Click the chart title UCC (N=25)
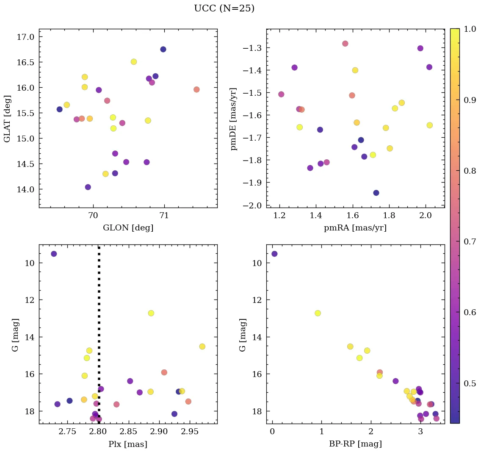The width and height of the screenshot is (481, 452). (x=224, y=8)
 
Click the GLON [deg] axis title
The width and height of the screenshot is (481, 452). (x=128, y=228)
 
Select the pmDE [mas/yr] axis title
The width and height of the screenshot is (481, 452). (x=233, y=119)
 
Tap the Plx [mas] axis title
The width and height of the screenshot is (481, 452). (x=128, y=444)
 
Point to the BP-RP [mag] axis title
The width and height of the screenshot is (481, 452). (x=355, y=444)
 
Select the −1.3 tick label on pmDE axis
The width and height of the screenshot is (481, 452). (x=253, y=48)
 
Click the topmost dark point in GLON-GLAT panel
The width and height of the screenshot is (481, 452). (x=163, y=49)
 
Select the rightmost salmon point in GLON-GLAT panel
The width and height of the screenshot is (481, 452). (x=196, y=89)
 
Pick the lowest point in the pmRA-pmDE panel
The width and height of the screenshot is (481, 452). (x=376, y=193)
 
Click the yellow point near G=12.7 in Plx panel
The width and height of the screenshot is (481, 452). (x=151, y=313)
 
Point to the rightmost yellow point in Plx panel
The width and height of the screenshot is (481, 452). (x=202, y=347)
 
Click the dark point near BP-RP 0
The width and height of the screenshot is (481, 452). (x=274, y=254)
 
